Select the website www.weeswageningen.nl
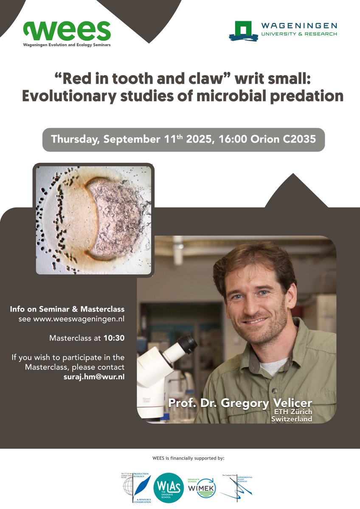coord(72,319)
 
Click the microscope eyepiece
coord(187,344)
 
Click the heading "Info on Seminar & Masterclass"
coord(67,309)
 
